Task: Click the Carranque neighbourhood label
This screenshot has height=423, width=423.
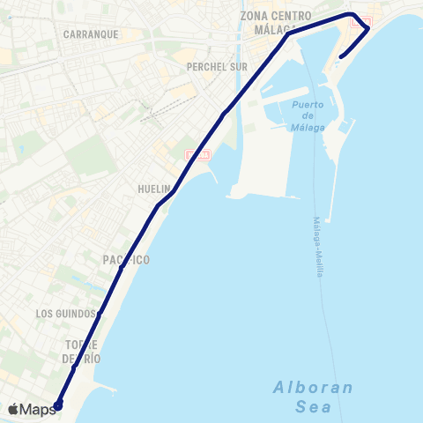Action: (92, 34)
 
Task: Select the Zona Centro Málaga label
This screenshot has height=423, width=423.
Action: (276, 22)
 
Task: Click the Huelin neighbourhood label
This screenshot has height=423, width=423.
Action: (153, 189)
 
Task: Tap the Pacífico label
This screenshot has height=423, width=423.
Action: (125, 260)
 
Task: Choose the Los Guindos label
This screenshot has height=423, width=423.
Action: (65, 314)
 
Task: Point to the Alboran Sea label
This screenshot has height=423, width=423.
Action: (313, 397)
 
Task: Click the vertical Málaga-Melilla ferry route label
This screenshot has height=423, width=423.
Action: (316, 247)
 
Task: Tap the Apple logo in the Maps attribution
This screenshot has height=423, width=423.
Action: (13, 409)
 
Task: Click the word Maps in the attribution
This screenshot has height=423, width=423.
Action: (39, 409)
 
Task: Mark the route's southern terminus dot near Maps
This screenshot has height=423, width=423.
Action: (58, 405)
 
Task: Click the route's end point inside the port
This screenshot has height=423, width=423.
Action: (339, 59)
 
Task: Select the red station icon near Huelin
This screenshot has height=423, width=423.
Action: (198, 156)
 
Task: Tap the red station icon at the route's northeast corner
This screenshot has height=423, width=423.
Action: (361, 22)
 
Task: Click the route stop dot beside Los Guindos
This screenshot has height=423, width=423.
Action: (100, 312)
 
